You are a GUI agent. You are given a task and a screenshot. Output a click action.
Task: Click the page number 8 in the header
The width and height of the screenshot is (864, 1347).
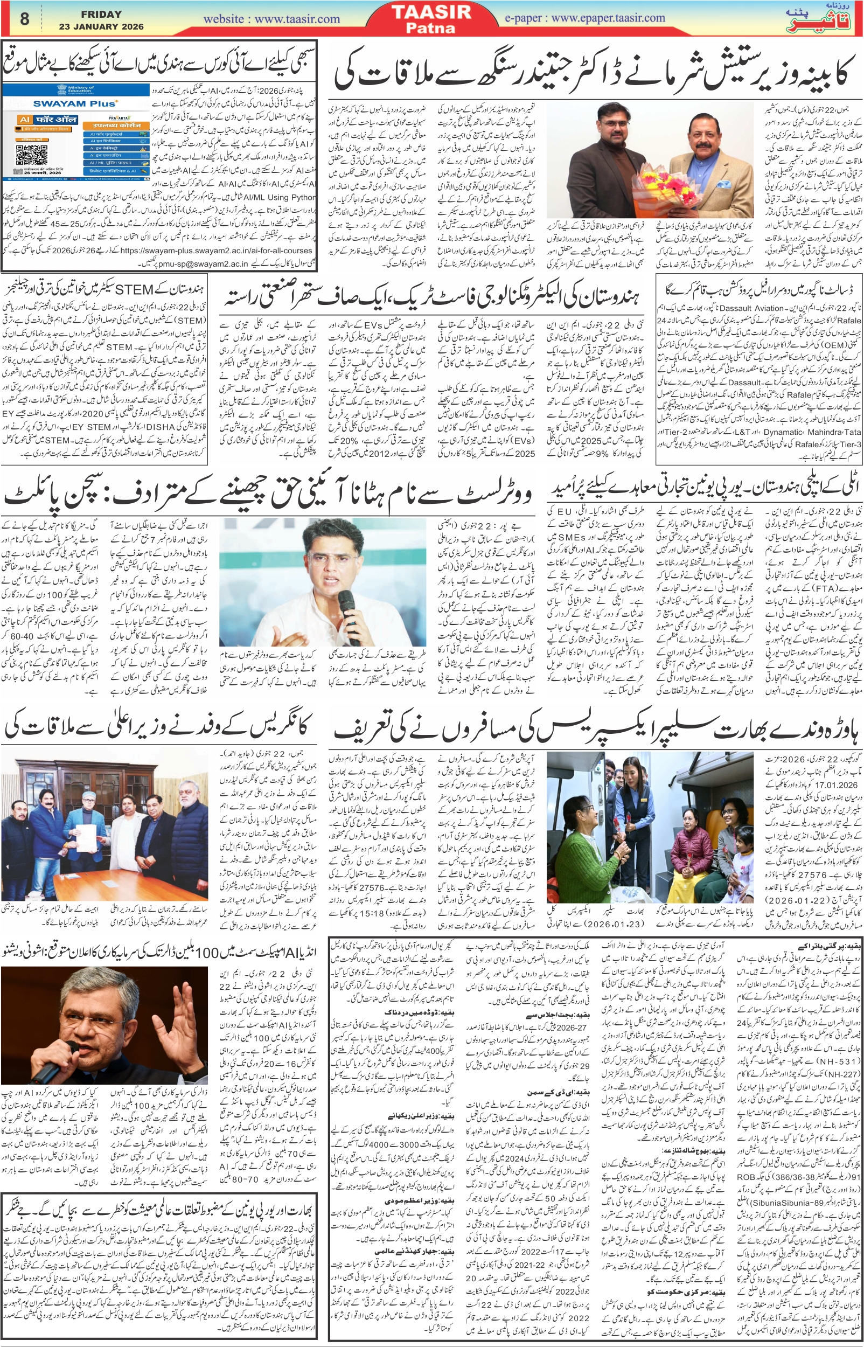click(x=24, y=19)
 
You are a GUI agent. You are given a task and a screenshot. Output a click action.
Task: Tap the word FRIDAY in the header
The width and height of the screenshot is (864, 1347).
click(x=101, y=15)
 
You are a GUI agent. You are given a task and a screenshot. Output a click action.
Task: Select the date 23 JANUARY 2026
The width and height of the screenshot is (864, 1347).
click(x=101, y=26)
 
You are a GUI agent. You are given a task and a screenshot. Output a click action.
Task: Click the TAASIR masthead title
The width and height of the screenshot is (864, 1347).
click(x=431, y=12)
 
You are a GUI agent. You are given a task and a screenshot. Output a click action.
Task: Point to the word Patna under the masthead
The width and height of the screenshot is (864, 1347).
click(x=431, y=27)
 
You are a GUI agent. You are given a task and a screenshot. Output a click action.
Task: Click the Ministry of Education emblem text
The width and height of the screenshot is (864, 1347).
click(x=81, y=89)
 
